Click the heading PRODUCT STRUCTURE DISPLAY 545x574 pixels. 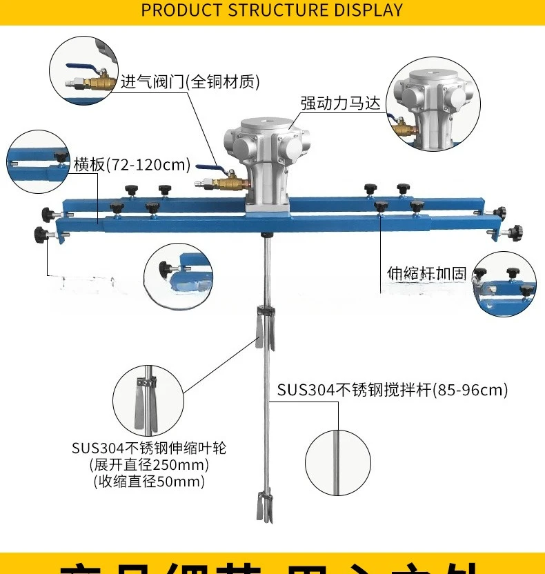pos(272,10)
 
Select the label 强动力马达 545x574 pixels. pos(340,103)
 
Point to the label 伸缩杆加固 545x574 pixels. pos(426,274)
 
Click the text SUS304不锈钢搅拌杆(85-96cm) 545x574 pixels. pos(392,390)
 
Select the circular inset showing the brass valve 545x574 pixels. pos(85,70)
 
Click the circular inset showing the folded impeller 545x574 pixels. pos(148,400)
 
